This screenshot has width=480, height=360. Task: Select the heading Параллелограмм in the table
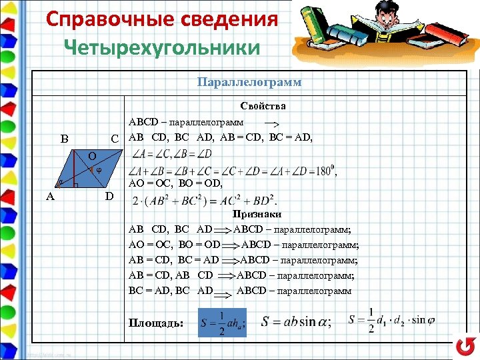[249, 82]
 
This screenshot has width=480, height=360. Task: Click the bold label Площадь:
[156, 323]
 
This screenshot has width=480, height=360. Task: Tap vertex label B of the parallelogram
[64, 139]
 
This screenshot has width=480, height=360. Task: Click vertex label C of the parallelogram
[115, 139]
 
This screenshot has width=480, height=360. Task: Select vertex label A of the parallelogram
[51, 196]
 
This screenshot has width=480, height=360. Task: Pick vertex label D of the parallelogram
[109, 196]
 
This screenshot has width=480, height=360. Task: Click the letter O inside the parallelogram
[91, 155]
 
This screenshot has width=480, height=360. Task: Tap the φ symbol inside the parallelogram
[99, 169]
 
